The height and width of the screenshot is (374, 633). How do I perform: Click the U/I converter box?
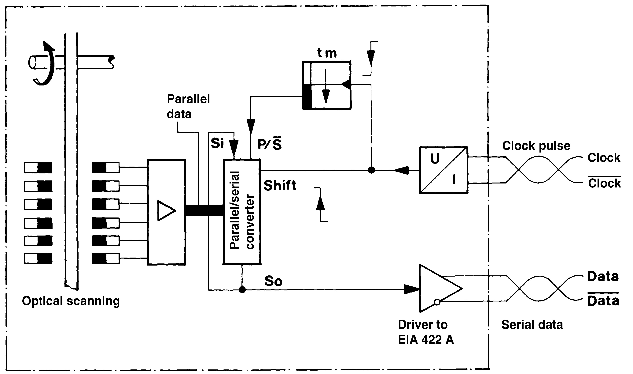tap(443, 170)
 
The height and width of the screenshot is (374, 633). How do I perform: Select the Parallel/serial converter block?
tap(242, 212)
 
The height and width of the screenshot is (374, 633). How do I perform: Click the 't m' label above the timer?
tap(327, 53)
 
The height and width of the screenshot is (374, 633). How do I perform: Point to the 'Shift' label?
tap(280, 186)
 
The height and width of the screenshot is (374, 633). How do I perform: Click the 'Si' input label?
tap(217, 143)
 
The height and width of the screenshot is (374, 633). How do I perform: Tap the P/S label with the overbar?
tap(270, 144)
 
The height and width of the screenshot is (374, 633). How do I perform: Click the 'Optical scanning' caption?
tap(71, 301)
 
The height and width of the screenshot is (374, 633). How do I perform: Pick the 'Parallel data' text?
tap(188, 106)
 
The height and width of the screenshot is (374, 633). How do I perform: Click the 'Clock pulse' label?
tap(536, 146)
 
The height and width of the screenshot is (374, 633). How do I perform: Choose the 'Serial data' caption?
tap(532, 325)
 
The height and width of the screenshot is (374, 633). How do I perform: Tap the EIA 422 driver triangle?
tap(438, 288)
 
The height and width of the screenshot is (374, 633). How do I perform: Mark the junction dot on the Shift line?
tap(371, 170)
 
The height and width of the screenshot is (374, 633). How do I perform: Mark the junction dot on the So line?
tap(242, 290)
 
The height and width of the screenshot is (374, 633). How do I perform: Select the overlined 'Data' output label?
tap(603, 300)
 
